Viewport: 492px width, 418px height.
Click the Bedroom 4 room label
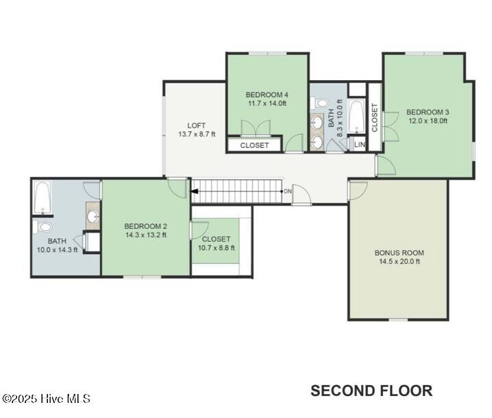267,95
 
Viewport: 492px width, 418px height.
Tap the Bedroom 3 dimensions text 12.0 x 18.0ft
428,121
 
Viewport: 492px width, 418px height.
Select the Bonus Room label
399,253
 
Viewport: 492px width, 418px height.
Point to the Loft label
197,125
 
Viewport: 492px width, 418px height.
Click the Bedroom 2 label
145,226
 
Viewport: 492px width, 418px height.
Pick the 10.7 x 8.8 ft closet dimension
216,248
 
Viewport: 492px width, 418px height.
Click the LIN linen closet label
360,145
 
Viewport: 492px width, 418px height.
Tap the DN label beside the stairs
287,191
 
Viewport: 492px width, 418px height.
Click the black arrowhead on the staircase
194,191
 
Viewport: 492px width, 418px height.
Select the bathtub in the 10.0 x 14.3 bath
42,197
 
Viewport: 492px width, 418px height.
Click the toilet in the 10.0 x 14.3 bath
42,228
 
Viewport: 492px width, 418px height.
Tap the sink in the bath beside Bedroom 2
93,217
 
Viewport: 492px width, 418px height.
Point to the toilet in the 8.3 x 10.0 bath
319,103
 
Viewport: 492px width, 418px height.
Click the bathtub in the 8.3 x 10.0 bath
357,116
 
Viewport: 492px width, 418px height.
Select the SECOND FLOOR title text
371,391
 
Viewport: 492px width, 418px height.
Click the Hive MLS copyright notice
46,399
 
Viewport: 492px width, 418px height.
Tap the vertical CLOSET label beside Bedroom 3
375,118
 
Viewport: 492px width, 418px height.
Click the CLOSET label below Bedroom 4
254,145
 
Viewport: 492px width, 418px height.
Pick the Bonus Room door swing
358,190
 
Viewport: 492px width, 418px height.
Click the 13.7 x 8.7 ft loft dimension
197,134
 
